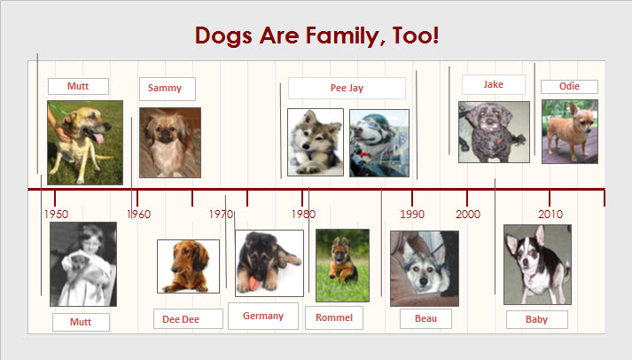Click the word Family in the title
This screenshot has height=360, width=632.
coord(342,35)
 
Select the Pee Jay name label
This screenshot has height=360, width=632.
coord(347,88)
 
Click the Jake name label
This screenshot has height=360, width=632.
coord(494,84)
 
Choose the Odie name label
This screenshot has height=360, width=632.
coord(569,86)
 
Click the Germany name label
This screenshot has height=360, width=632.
coord(262,316)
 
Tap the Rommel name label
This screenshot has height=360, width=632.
coord(334,317)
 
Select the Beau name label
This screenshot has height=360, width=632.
coord(425,318)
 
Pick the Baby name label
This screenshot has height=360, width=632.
coord(536,319)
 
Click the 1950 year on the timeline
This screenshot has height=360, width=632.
coord(56,214)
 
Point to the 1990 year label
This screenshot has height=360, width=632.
coord(412,214)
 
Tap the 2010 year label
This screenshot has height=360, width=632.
coord(550,214)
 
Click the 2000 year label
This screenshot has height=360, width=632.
coord(467,214)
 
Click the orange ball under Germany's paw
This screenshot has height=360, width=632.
coord(254,283)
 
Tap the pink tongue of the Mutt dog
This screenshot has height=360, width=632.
coord(98,138)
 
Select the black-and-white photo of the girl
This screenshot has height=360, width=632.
coord(83,264)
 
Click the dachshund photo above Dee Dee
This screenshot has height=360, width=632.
coord(188,267)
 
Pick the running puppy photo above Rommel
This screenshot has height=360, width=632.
coord(343,265)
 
